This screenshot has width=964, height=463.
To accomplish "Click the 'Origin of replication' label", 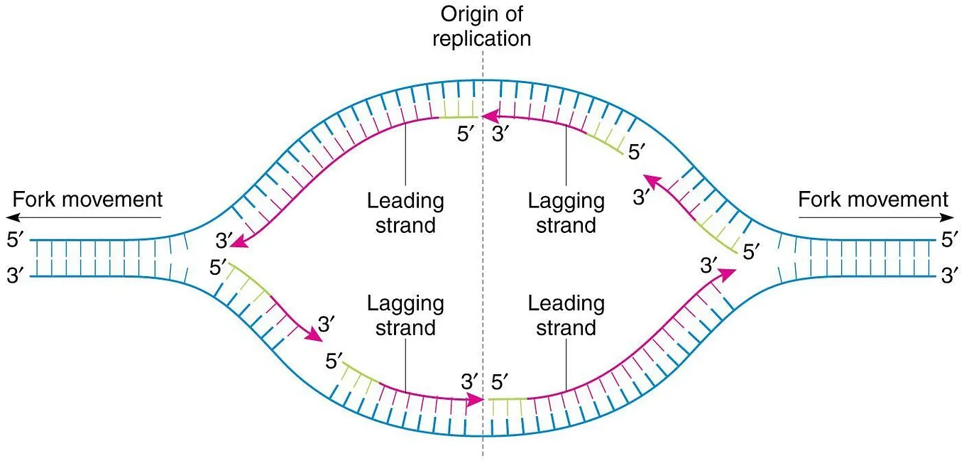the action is [x=481, y=26].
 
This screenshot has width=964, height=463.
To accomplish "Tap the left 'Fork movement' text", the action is [x=87, y=200].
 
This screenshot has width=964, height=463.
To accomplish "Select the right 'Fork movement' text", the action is [x=873, y=200].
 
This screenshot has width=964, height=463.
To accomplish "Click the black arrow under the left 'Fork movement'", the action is [x=84, y=217].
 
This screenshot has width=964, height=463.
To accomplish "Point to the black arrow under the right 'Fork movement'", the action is [x=876, y=217].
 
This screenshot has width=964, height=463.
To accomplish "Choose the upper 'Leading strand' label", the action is [x=405, y=213].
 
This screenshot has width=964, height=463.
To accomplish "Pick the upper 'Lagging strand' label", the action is [x=566, y=213].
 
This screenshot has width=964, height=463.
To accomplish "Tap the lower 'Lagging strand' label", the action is [x=405, y=315].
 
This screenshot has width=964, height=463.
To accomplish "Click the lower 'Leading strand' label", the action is [x=566, y=315].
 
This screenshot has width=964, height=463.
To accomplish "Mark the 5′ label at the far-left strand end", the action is [x=16, y=240].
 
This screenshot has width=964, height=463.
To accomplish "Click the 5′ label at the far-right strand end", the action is [x=949, y=240].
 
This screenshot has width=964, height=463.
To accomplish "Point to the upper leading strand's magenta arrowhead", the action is [x=239, y=241].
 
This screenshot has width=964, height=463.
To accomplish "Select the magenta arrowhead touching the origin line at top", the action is [x=490, y=116].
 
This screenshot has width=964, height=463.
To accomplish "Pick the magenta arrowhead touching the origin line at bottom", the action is [x=476, y=400].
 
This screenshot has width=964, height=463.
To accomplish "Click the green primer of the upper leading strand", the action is [x=458, y=116].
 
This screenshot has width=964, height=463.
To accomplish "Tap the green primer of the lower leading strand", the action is [x=508, y=399].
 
